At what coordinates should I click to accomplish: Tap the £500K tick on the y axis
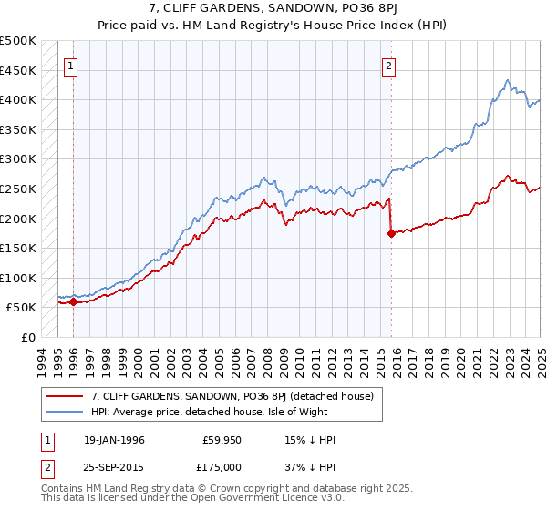point(18,41)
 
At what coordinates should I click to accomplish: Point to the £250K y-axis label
point(18,189)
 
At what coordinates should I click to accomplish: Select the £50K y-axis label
point(22,308)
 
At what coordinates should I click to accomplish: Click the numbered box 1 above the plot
point(71,66)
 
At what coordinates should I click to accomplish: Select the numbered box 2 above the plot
point(389,66)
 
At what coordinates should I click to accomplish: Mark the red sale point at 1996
point(73,302)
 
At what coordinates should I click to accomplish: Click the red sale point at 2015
point(391,233)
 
